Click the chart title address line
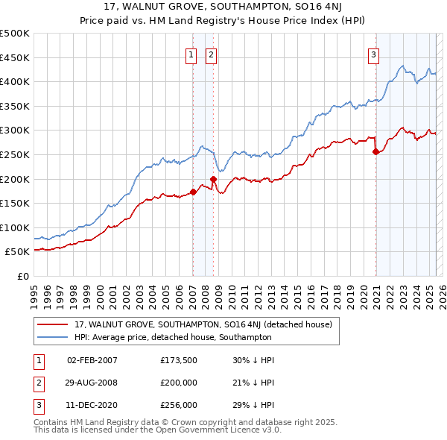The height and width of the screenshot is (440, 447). click(x=223, y=8)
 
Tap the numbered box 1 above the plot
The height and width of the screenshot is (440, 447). click(x=191, y=54)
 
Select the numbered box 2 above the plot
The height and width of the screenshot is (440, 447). click(x=212, y=54)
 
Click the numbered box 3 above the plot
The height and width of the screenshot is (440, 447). click(x=372, y=54)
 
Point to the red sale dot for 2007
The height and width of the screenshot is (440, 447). click(x=193, y=192)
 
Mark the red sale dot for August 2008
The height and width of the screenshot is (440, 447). click(x=213, y=179)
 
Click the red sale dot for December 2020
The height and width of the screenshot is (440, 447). click(x=375, y=151)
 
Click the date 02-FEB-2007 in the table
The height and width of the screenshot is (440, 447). click(x=92, y=360)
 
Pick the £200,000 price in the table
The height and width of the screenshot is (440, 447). click(x=179, y=383)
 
